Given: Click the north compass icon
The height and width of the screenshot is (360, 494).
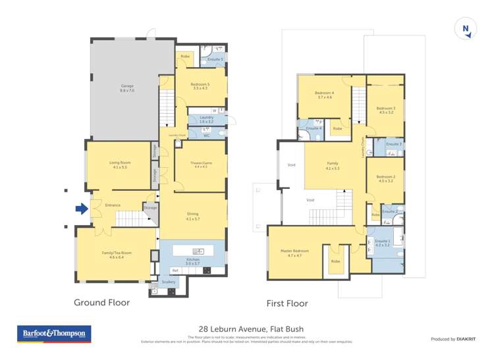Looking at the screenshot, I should click(466, 29).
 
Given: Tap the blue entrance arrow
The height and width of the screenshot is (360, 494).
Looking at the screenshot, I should click(81, 209).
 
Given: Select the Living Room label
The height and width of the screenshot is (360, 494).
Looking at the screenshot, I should click(119, 165).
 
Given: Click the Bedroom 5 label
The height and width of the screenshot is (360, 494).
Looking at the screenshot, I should click(200, 86).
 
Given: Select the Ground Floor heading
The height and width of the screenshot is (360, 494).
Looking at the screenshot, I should click(101, 303).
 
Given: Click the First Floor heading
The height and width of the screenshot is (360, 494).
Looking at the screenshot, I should click(287, 303).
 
